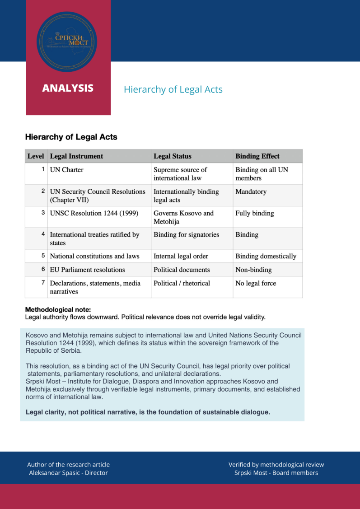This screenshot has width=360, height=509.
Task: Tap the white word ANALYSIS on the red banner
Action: pyautogui.click(x=68, y=88)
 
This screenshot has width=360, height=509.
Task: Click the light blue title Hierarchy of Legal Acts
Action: pyautogui.click(x=173, y=89)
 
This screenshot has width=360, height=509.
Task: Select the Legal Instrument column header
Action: pyautogui.click(x=76, y=156)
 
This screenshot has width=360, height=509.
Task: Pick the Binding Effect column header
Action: pyautogui.click(x=257, y=156)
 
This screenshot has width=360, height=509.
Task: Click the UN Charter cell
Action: pyautogui.click(x=66, y=170)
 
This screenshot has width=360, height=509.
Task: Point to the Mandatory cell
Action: pyautogui.click(x=251, y=191)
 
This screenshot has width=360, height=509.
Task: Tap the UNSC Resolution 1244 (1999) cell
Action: pyautogui.click(x=94, y=213)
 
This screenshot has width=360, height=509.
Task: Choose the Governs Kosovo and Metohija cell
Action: pyautogui.click(x=183, y=217)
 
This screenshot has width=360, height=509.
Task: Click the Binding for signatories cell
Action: pyautogui.click(x=186, y=235)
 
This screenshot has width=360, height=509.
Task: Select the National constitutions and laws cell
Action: pyautogui.click(x=94, y=256)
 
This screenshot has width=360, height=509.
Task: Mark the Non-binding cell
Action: pyautogui.click(x=253, y=270)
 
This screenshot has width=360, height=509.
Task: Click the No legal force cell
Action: pyautogui.click(x=256, y=283)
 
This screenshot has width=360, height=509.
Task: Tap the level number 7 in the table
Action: pyautogui.click(x=43, y=283)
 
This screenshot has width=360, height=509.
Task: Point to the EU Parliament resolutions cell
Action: pyautogui.click(x=87, y=270)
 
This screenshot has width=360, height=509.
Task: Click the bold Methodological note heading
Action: pyautogui.click(x=58, y=309)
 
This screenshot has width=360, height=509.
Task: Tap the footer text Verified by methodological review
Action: pyautogui.click(x=276, y=465)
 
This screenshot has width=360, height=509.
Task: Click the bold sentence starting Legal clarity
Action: pyautogui.click(x=148, y=412)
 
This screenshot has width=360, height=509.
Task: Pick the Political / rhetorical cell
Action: pyautogui.click(x=182, y=283)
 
